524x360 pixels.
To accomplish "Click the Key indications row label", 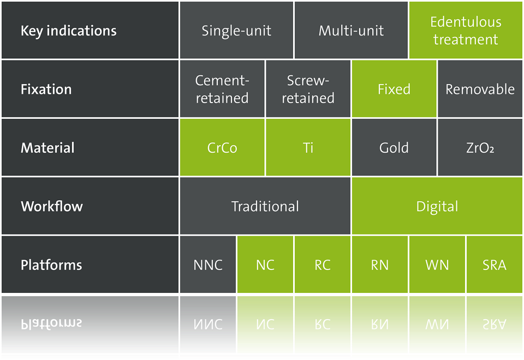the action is tap(69, 31).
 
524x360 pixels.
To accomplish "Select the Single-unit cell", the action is tap(236, 30).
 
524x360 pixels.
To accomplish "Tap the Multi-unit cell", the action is tap(351, 30).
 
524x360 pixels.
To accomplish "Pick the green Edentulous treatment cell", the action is tap(466, 30).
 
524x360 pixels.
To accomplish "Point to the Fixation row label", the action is tap(46, 89).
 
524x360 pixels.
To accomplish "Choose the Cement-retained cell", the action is tap(222, 89).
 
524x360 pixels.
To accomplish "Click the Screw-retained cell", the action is tap(308, 89).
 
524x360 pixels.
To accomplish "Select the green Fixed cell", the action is tap(394, 89).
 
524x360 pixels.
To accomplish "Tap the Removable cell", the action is tap(480, 89).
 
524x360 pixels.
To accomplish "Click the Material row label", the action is tap(47, 148).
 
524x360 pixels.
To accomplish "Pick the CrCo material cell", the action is tap(222, 147).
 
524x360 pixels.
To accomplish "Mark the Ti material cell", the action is tap(308, 147).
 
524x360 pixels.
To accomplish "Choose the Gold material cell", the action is tap(394, 147).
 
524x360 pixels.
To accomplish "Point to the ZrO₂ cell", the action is tap(480, 147).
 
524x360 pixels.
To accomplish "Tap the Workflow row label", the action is tap(52, 206).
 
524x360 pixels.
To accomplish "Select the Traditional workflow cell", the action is tap(265, 206).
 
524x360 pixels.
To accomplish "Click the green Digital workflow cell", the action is tap(437, 206).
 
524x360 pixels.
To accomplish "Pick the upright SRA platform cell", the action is tap(495, 265).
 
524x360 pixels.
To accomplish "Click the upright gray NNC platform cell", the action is tap(208, 265).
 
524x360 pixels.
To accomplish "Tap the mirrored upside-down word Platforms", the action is tap(51, 323).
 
